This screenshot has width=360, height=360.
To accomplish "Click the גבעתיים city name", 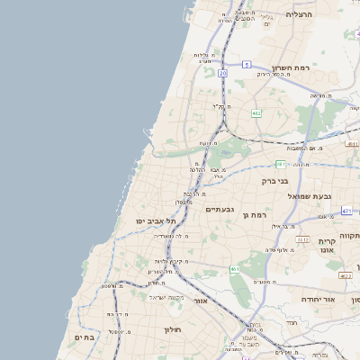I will click(220, 209).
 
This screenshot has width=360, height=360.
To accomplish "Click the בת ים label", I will click(85, 337).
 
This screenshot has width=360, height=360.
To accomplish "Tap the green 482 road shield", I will click(256, 113).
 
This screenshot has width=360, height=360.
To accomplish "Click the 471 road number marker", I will click(346, 211).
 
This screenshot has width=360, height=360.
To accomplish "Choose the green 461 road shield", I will click(234, 269).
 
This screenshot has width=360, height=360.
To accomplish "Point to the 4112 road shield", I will click(303, 239).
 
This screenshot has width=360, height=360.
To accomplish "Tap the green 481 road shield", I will click(281, 164).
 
